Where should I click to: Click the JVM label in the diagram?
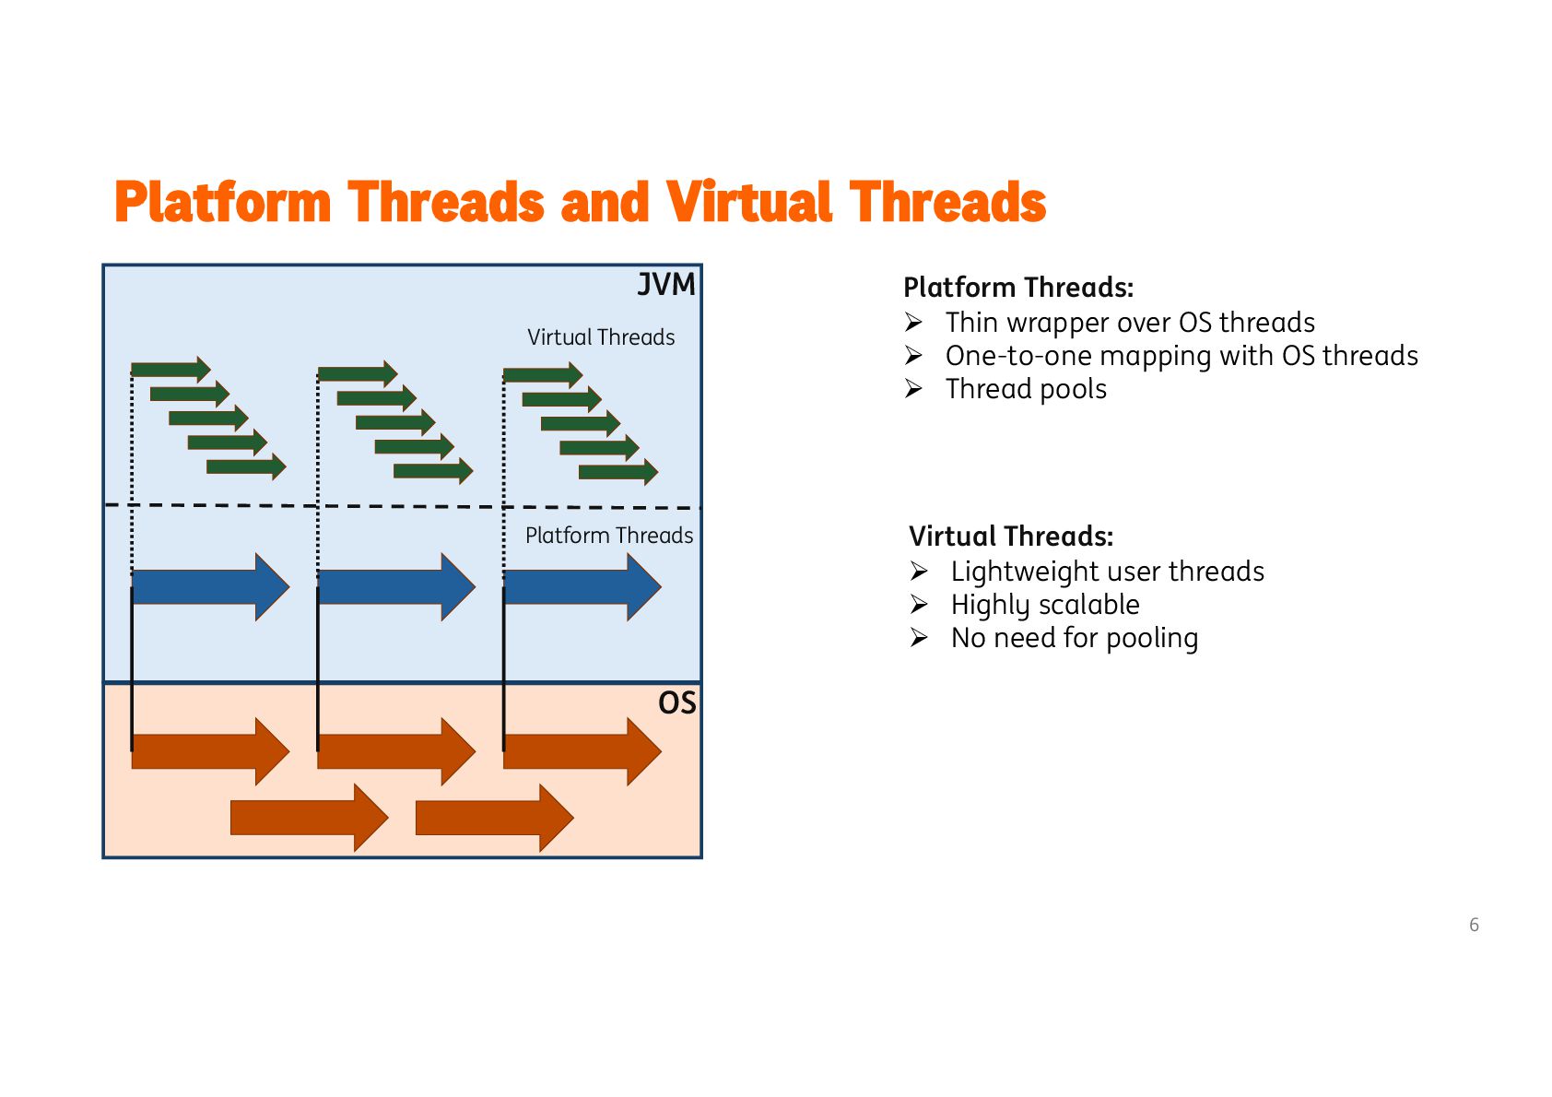coord(666,285)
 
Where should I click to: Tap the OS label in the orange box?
coord(676,703)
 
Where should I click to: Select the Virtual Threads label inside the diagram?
coord(601,337)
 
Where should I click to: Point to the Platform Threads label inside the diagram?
coord(609,536)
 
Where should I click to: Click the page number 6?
coord(1474,925)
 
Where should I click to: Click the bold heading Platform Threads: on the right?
coord(1018,288)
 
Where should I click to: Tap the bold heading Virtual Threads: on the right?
coord(1011,537)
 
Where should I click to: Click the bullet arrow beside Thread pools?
coord(913,389)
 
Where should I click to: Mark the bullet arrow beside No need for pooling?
coord(919,638)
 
